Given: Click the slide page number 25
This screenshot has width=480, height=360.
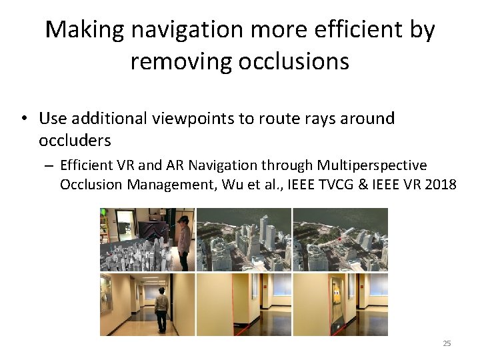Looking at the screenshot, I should point(447,343).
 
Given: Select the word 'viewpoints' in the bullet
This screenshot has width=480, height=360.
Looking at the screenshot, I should point(206,119).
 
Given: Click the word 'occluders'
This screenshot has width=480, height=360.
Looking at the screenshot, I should point(75,141).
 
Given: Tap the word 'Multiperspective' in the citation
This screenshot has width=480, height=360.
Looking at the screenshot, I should point(372,165).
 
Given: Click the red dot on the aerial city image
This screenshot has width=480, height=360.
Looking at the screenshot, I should point(339,239).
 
